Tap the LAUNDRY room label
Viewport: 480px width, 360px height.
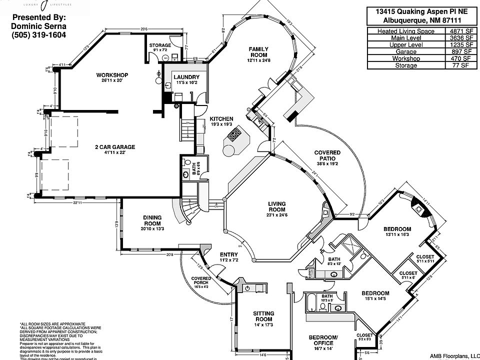click(x=186, y=77)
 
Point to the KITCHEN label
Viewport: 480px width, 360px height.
click(x=221, y=118)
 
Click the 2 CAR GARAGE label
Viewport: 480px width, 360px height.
click(x=115, y=147)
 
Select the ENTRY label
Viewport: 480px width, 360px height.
click(x=228, y=254)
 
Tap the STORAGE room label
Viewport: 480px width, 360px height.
click(x=160, y=45)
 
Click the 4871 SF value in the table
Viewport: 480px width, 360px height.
click(x=460, y=31)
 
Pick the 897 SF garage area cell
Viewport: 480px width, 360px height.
click(x=460, y=51)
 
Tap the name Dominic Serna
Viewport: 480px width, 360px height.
click(x=38, y=26)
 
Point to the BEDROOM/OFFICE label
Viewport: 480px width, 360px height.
click(x=323, y=340)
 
